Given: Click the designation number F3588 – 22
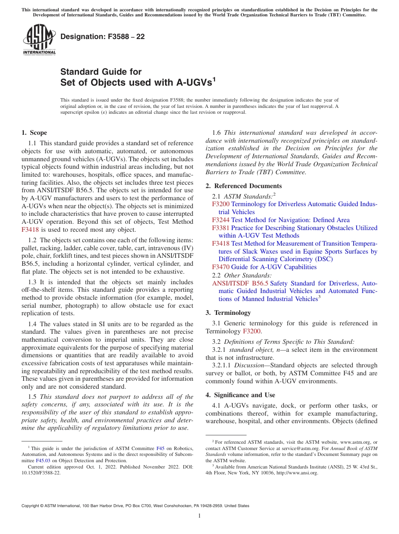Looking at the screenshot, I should (x=102, y=37).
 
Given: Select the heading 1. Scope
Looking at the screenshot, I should (x=34, y=133).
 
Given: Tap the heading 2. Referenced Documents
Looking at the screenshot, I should (x=244, y=186).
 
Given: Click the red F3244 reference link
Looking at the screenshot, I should (x=220, y=220).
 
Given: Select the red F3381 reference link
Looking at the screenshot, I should (x=220, y=228).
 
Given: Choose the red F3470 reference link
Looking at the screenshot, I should (x=220, y=267).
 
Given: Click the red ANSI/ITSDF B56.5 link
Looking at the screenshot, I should (x=240, y=283).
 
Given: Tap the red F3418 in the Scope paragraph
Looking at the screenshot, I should (x=30, y=230).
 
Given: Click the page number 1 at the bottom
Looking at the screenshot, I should (x=199, y=516).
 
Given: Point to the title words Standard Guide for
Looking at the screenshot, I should (x=101, y=72).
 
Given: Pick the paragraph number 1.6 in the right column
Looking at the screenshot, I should (x=217, y=133).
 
